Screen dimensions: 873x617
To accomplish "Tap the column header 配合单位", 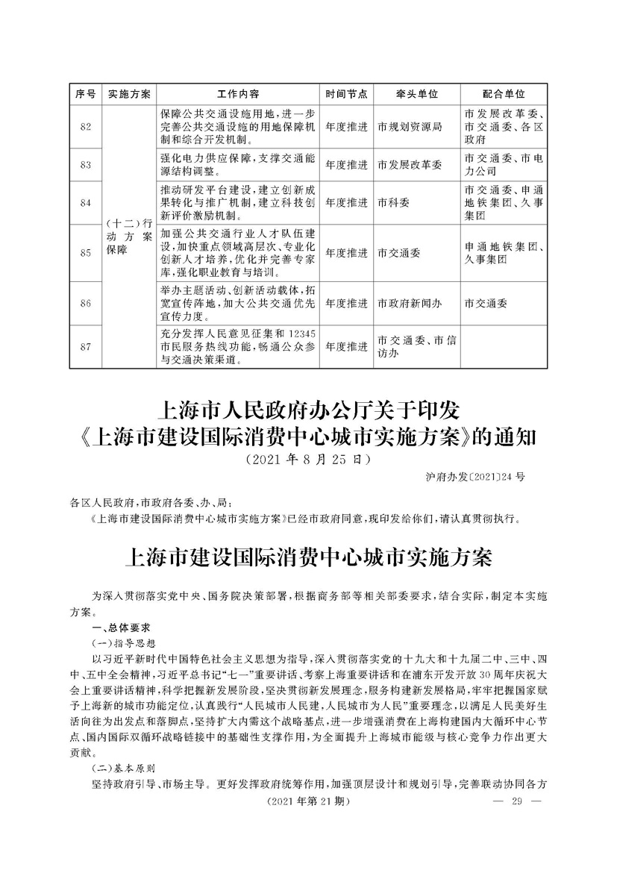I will coord(504,95).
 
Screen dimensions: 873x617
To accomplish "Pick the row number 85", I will coord(85,253).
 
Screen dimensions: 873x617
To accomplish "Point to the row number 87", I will coord(85,347).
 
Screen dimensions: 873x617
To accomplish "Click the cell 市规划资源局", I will coord(410,127).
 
